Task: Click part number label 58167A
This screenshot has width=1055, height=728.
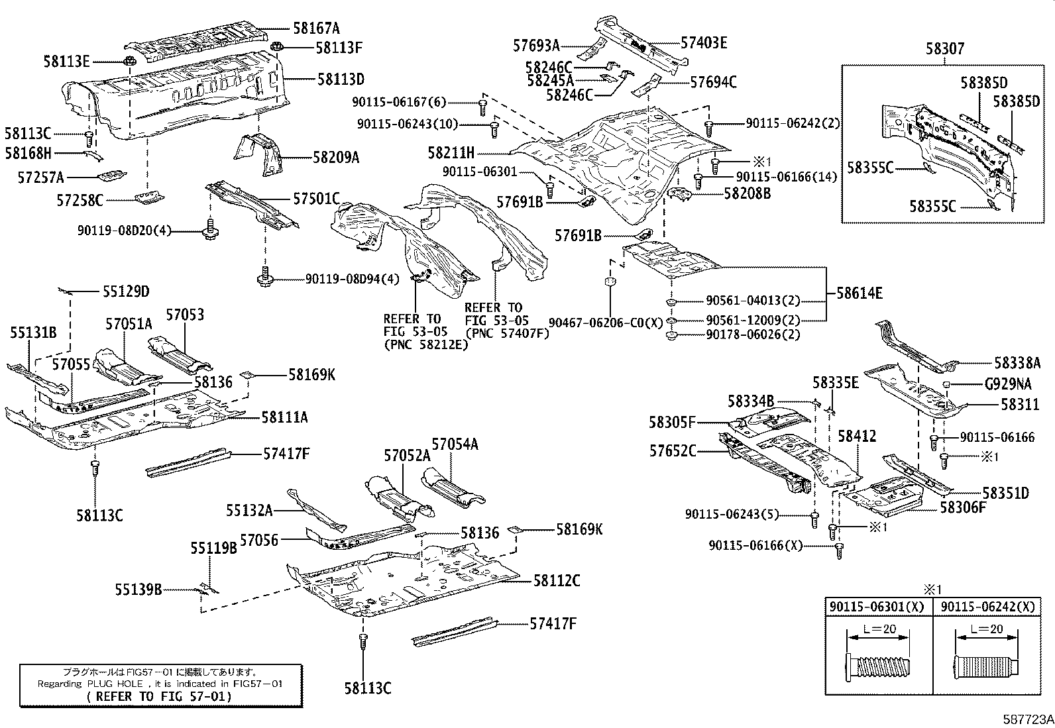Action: click(x=316, y=28)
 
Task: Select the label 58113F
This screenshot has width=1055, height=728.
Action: click(x=339, y=48)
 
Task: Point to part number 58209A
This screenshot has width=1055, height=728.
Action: click(x=336, y=158)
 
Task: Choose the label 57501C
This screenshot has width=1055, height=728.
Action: click(x=316, y=198)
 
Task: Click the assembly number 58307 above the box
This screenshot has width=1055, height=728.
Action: click(x=945, y=49)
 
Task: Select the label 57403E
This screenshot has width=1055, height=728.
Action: click(x=704, y=43)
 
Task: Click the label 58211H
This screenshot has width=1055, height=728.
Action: click(x=451, y=153)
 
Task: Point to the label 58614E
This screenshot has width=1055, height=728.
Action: click(x=859, y=293)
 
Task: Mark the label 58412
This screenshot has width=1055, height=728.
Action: click(x=857, y=436)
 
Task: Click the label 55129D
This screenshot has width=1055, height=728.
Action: click(x=126, y=291)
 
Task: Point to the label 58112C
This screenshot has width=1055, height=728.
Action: click(x=557, y=581)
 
